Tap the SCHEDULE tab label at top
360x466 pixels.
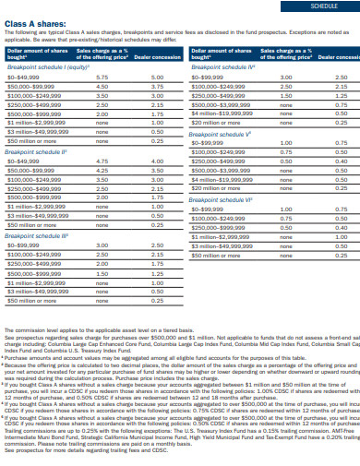(x=322, y=5)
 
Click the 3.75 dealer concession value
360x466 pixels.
(x=158, y=86)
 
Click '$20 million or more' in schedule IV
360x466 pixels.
(x=214, y=122)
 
